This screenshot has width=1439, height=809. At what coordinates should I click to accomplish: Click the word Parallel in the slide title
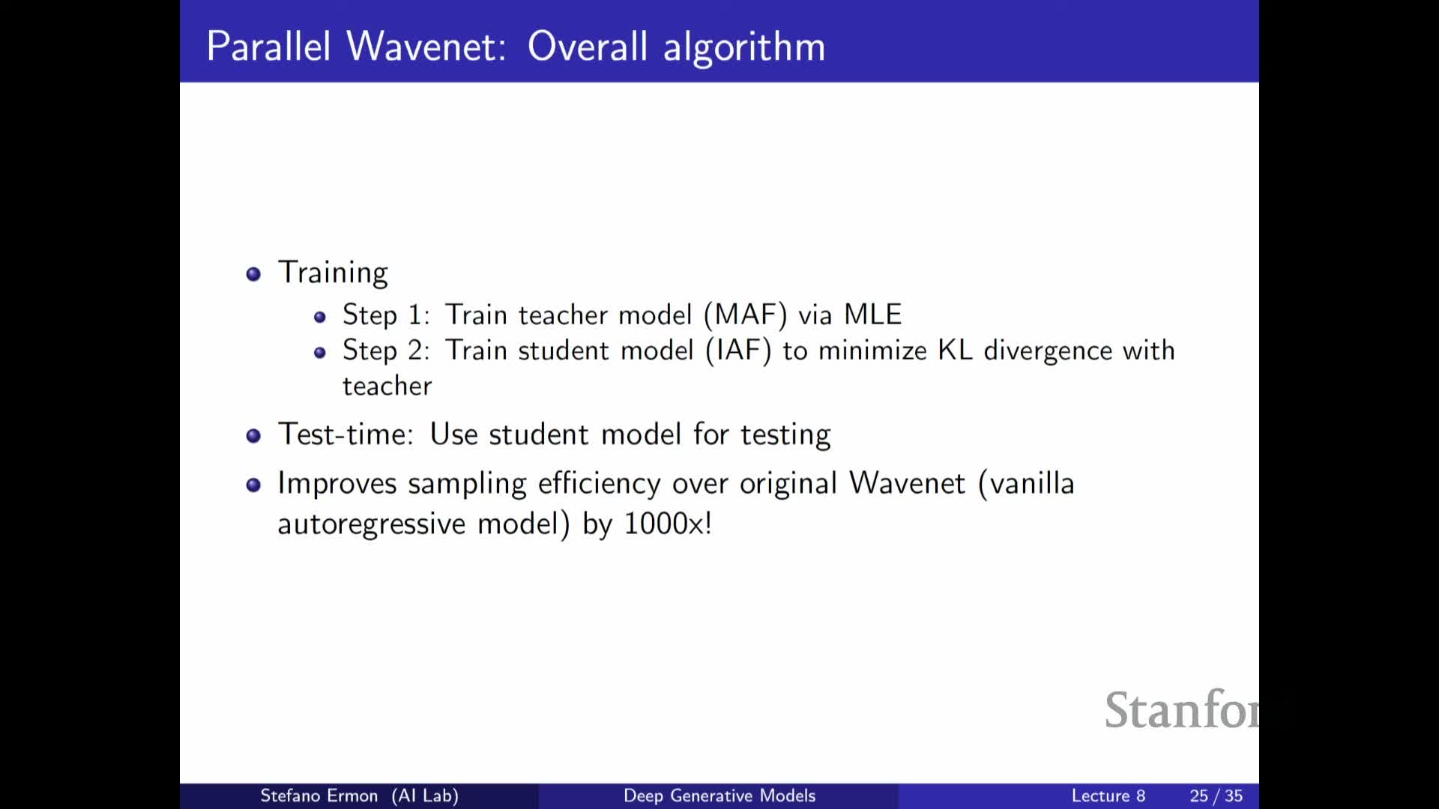[268, 46]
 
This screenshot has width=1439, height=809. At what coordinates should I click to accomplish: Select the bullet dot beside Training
[253, 273]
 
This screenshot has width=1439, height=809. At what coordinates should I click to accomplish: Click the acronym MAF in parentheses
[746, 315]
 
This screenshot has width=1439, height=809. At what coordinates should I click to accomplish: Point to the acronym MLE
[872, 315]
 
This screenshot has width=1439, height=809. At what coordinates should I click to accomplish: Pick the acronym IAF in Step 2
[739, 351]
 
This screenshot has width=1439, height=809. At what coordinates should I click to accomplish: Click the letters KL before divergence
[955, 351]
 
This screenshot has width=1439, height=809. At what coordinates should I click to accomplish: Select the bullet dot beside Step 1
[320, 317]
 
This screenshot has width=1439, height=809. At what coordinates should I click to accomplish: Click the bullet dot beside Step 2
[320, 353]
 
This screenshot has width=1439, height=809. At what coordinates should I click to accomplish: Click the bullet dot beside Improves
[253, 485]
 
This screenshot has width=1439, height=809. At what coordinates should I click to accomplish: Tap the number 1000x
[663, 524]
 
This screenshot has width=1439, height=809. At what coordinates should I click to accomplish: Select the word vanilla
[1033, 484]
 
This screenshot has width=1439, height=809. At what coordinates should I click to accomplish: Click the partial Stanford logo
[1182, 710]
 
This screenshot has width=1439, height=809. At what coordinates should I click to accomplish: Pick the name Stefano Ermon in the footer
[319, 796]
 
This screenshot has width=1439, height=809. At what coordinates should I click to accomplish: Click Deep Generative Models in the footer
[719, 796]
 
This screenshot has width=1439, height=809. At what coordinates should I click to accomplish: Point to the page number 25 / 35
[1216, 796]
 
